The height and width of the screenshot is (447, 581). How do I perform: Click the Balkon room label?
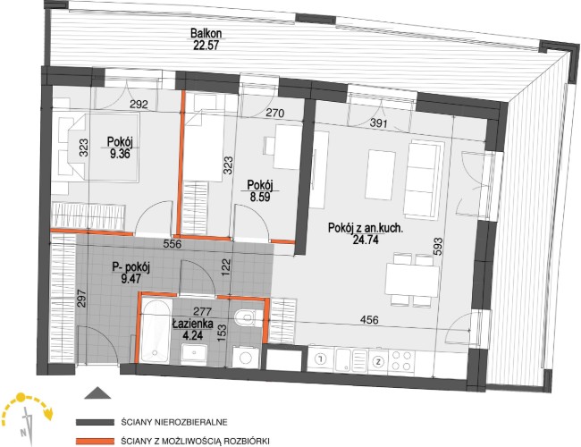coord(206,33)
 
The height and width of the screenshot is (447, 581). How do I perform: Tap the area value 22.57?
coord(206,46)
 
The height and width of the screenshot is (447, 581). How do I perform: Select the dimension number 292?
coord(139,105)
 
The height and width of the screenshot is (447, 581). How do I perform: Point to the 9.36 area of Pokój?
coord(120,154)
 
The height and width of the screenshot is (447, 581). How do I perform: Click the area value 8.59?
coord(260,197)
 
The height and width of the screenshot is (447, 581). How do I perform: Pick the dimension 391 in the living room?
coord(379,122)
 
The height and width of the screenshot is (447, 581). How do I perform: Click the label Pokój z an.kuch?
coord(366,228)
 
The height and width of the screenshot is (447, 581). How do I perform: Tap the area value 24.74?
coord(366,240)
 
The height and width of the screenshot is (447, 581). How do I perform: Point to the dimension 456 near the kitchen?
coord(369,319)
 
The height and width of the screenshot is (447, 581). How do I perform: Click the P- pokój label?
coord(131,267)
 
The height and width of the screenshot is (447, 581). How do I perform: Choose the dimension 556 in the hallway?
coord(173,244)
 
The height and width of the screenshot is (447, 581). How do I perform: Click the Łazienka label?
coord(193,324)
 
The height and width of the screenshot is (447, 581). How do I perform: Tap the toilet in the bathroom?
coord(248,317)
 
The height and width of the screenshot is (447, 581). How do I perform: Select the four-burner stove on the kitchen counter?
coord(402,360)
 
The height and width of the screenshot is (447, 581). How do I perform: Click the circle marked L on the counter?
coord(321,358)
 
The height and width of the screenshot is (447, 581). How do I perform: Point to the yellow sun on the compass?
coord(21,398)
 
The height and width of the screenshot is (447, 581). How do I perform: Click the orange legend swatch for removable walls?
coord(95,442)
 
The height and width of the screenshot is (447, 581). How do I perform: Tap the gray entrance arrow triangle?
coord(97,392)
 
